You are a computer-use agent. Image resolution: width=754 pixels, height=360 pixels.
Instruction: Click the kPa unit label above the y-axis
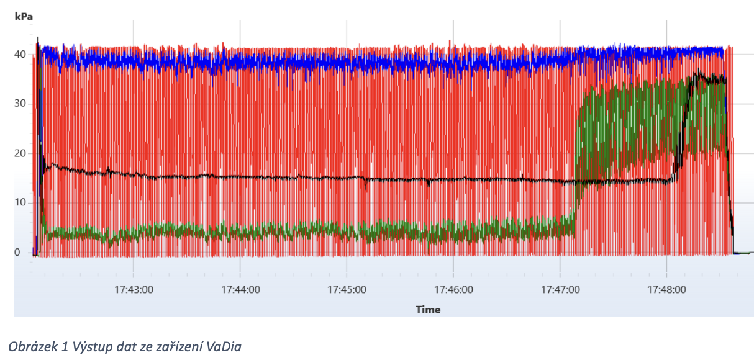tap(24, 17)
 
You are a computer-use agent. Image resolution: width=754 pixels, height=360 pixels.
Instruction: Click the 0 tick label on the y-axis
tap(18, 253)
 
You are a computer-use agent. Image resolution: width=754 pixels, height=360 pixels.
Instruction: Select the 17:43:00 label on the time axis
tap(134, 289)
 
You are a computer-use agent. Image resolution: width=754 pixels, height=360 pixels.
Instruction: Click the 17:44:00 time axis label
tap(241, 289)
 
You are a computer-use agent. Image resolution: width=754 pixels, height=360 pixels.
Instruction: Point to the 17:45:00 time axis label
tap(348, 289)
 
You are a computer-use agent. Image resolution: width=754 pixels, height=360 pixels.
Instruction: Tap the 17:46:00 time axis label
tap(454, 289)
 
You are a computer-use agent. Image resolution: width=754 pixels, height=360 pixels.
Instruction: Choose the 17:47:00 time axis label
tap(561, 289)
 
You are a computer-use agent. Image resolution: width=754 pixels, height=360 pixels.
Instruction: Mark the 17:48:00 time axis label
tap(668, 289)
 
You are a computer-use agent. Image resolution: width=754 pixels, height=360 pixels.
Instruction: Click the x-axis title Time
tap(428, 310)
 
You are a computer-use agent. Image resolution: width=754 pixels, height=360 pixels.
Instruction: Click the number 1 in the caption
tap(61, 347)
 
